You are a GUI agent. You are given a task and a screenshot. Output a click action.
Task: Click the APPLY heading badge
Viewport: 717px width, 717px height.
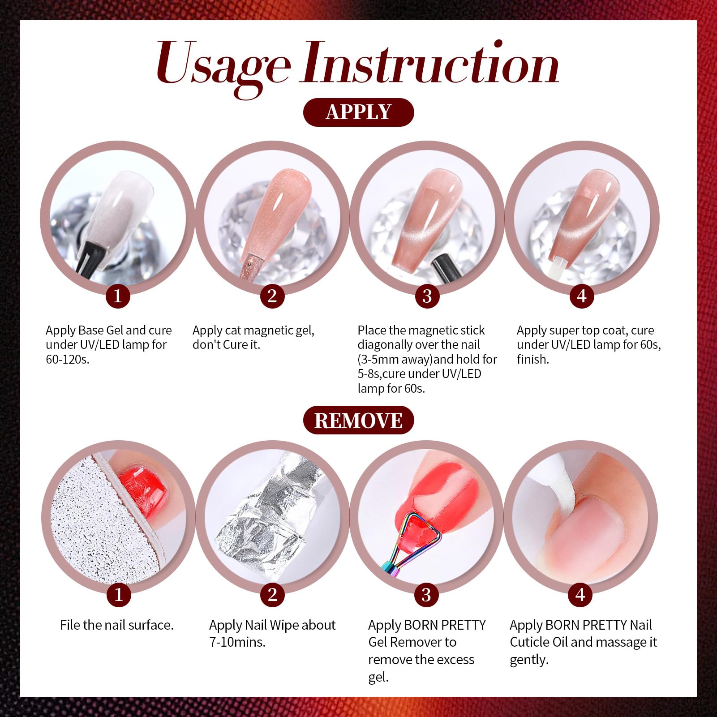coord(358,112)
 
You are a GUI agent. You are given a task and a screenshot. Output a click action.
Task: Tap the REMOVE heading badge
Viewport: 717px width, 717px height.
coord(358,420)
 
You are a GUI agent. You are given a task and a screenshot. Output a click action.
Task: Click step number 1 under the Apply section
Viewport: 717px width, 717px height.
coord(118,296)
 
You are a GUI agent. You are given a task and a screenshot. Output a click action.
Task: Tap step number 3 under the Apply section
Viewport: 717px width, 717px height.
coord(427,296)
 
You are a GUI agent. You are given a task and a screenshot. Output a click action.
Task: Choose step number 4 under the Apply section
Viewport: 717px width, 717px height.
coord(581,296)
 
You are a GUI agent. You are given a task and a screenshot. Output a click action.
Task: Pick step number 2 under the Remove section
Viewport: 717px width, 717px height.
coord(272,595)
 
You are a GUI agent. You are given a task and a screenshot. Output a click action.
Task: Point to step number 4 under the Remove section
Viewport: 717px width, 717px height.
coord(580,595)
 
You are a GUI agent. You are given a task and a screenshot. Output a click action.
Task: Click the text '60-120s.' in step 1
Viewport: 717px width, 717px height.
coord(68,359)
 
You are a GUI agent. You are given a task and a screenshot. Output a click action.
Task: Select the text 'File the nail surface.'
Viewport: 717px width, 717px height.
coord(117,625)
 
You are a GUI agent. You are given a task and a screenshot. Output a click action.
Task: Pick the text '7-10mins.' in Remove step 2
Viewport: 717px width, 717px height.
coord(237,642)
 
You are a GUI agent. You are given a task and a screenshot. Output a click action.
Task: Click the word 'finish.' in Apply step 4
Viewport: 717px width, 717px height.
coord(533,359)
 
